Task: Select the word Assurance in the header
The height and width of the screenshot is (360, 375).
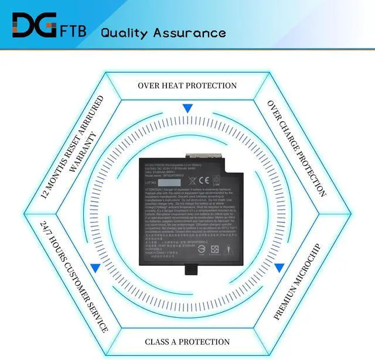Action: click(189, 32)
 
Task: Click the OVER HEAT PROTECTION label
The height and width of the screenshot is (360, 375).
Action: click(187, 85)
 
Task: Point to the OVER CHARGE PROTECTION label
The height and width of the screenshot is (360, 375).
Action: click(296, 148)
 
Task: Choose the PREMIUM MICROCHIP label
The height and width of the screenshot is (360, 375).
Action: click(297, 281)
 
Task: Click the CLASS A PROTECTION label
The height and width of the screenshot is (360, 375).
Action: click(187, 341)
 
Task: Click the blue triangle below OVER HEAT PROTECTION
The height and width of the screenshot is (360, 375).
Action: click(187, 108)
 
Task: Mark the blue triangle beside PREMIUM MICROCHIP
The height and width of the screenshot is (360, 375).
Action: click(279, 268)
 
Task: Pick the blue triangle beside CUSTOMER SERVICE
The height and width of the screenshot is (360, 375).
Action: click(94, 268)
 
